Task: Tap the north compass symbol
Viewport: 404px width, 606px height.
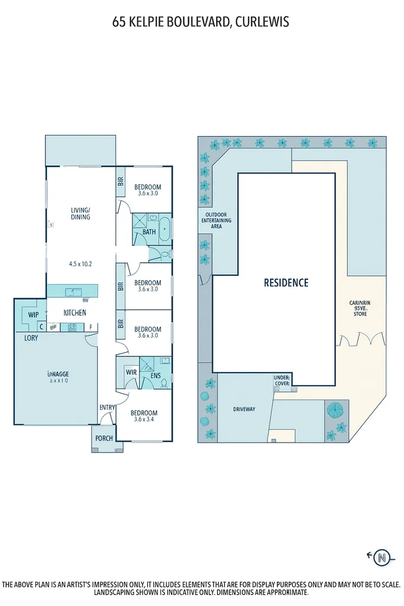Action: [383, 557]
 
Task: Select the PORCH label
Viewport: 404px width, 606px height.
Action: [104, 439]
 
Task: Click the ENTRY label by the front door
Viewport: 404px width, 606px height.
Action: [107, 407]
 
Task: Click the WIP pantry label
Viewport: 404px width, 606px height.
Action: [33, 315]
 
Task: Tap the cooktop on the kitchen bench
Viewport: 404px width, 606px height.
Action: [73, 327]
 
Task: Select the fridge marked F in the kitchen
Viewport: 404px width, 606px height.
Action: [91, 327]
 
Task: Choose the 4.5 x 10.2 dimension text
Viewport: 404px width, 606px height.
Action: [80, 263]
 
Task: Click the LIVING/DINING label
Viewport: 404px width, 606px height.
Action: [80, 213]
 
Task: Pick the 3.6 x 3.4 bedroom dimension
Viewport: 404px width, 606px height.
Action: [144, 420]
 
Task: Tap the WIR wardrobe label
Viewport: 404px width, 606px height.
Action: [131, 373]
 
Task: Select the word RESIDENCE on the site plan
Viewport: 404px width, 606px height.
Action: [286, 283]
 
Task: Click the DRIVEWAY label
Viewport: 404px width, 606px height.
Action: [244, 409]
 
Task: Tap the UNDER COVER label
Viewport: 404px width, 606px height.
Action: [282, 380]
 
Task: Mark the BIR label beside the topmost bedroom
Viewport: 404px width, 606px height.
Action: [121, 182]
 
